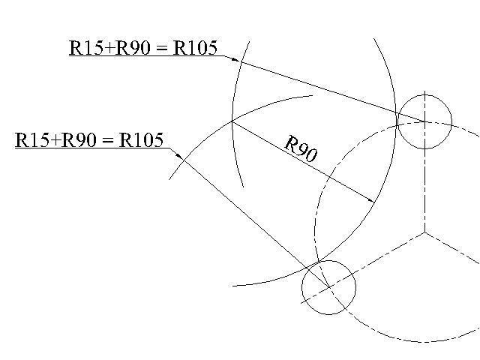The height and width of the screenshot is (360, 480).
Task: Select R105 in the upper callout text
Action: pyautogui.click(x=196, y=49)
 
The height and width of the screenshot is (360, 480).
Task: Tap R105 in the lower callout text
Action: pyautogui.click(x=141, y=140)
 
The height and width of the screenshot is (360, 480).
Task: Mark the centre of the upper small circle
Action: pyautogui.click(x=424, y=121)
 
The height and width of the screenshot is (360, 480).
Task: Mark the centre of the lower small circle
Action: pyautogui.click(x=328, y=288)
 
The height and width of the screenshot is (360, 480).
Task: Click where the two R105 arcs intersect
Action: pyautogui.click(x=231, y=121)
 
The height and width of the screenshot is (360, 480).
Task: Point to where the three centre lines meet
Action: pyautogui.click(x=424, y=232)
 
